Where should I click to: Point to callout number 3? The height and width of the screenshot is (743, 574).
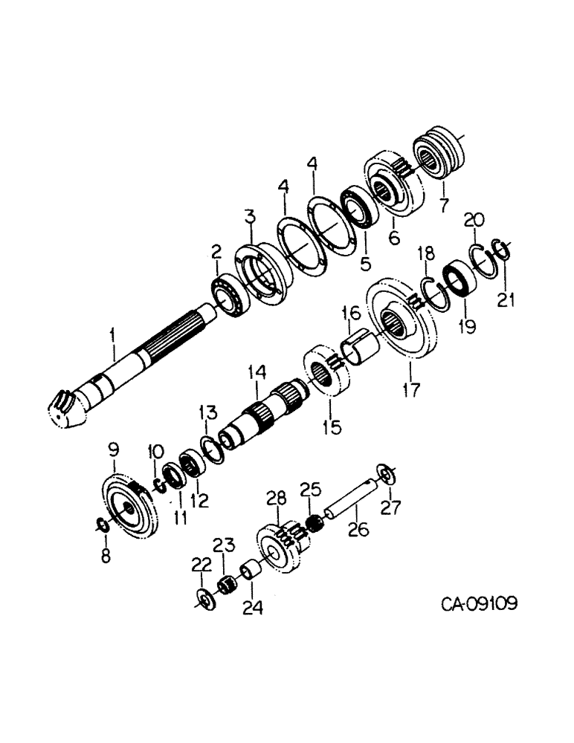tap(251, 218)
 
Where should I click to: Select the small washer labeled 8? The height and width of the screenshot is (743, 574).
tap(103, 526)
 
